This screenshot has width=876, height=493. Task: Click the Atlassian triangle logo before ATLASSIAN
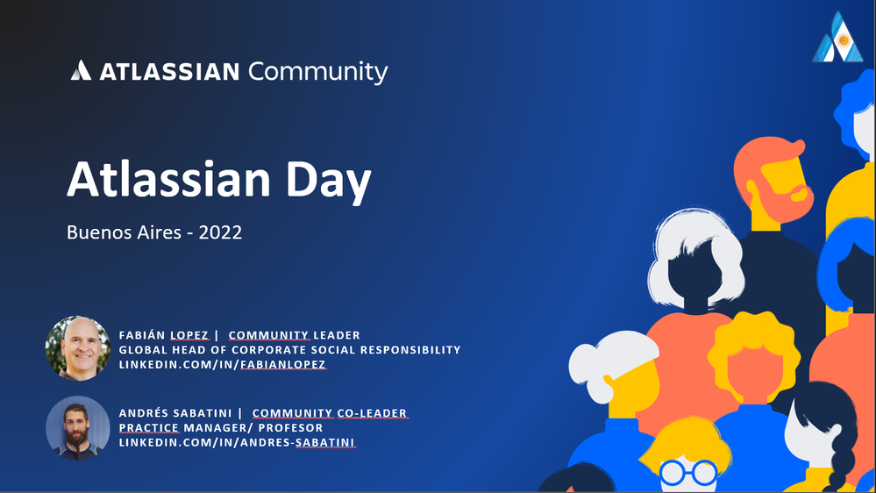pyautogui.click(x=81, y=70)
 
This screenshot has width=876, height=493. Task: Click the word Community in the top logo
pyautogui.click(x=318, y=72)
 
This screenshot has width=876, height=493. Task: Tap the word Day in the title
pyautogui.click(x=329, y=180)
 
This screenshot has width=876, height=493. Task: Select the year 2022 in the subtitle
pyautogui.click(x=220, y=232)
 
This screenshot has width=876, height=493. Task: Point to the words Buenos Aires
pyautogui.click(x=124, y=232)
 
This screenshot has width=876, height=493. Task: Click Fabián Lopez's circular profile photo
pyautogui.click(x=78, y=348)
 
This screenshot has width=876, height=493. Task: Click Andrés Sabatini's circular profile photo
pyautogui.click(x=78, y=428)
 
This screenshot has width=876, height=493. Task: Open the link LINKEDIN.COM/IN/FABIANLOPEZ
pyautogui.click(x=223, y=364)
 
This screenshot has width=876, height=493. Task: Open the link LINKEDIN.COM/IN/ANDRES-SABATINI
pyautogui.click(x=237, y=443)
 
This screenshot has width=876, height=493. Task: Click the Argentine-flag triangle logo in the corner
pyautogui.click(x=838, y=37)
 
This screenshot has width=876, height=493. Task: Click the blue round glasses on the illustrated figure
pyautogui.click(x=688, y=473)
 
